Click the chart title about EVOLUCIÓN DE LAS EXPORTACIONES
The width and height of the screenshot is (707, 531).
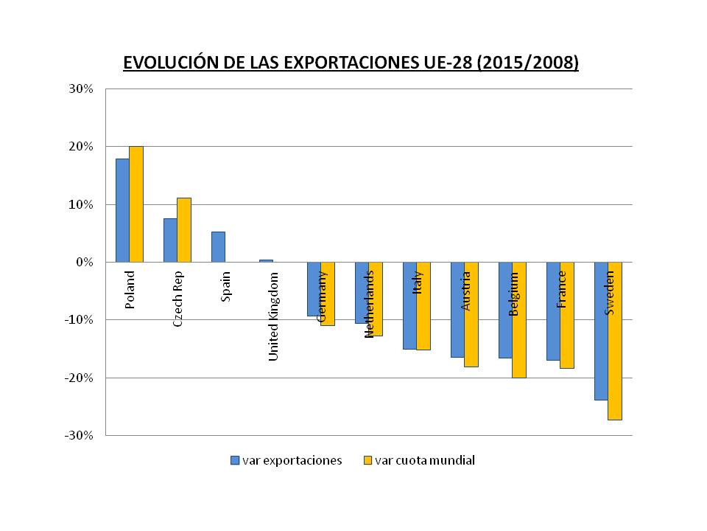click(351, 63)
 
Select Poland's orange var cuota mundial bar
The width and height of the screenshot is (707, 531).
click(136, 204)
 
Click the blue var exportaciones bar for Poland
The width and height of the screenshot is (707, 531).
click(122, 210)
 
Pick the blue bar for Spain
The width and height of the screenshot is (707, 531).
click(218, 246)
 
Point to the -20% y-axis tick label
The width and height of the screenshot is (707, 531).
click(80, 378)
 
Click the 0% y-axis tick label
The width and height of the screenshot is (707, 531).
click(85, 262)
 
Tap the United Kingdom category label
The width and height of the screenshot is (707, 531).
click(273, 316)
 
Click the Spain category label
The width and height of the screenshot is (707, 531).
click(226, 287)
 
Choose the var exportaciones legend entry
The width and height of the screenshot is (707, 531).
click(286, 460)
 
